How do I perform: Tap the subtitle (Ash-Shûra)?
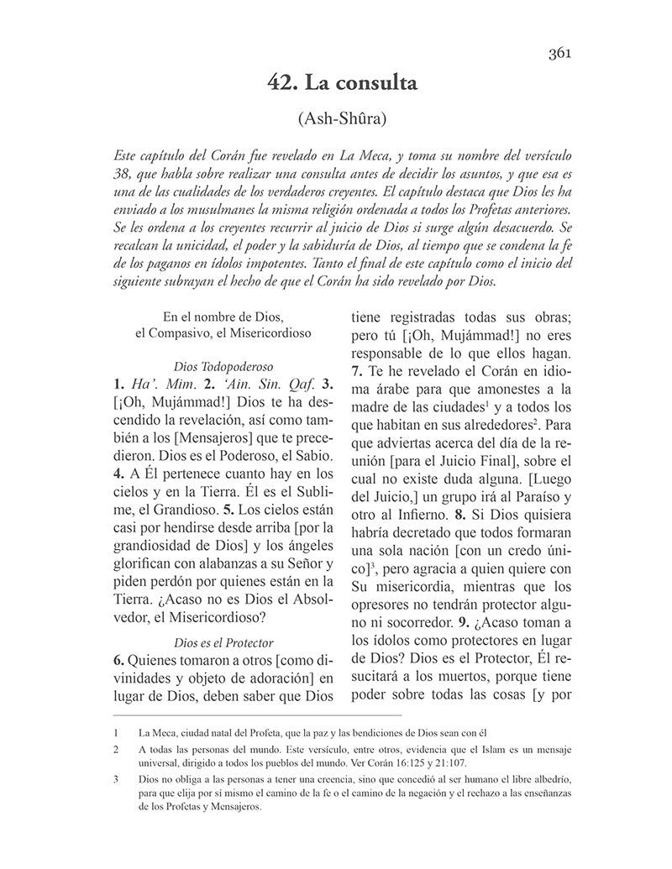tap(342, 119)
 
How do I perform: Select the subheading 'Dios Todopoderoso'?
tap(224, 366)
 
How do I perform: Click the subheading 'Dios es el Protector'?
tap(223, 618)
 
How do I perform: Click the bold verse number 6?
tap(118, 637)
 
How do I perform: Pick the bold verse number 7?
tap(355, 370)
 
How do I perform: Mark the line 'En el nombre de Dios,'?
tap(223, 317)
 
